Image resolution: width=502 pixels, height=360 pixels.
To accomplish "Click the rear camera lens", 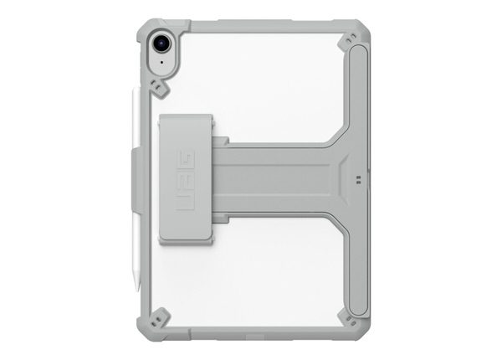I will point(161,41).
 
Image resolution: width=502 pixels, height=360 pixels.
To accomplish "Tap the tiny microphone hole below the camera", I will point(161,63).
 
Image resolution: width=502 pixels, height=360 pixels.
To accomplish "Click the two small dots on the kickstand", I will point(357,178).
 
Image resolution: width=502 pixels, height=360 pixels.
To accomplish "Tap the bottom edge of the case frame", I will point(251,330).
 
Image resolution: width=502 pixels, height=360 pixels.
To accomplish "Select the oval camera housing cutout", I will point(161,49).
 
